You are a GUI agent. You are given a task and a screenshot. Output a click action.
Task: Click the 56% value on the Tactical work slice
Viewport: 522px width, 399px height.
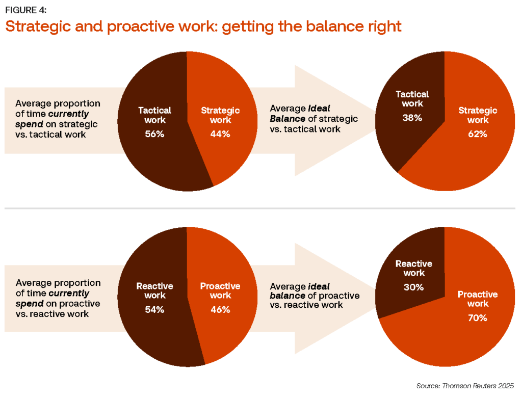coord(154,135)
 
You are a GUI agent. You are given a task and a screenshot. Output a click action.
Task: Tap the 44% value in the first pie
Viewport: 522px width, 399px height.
coord(220,135)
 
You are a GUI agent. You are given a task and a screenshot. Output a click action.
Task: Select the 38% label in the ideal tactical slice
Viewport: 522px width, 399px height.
coord(412,118)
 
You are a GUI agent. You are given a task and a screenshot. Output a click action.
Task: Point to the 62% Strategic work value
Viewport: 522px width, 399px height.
coord(478,134)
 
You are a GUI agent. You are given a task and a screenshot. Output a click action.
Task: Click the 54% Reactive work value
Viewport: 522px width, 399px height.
coord(154,310)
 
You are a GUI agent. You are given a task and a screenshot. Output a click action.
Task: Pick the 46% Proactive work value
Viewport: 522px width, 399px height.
coord(220,310)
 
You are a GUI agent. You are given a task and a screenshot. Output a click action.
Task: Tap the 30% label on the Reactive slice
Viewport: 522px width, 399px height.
coord(413,287)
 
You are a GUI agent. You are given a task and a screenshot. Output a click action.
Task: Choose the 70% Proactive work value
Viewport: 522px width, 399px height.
coord(477,318)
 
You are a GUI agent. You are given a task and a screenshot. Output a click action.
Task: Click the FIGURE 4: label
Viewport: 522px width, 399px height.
coord(26,10)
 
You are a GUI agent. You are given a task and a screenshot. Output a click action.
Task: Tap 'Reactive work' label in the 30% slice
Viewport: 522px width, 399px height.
coord(413,269)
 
